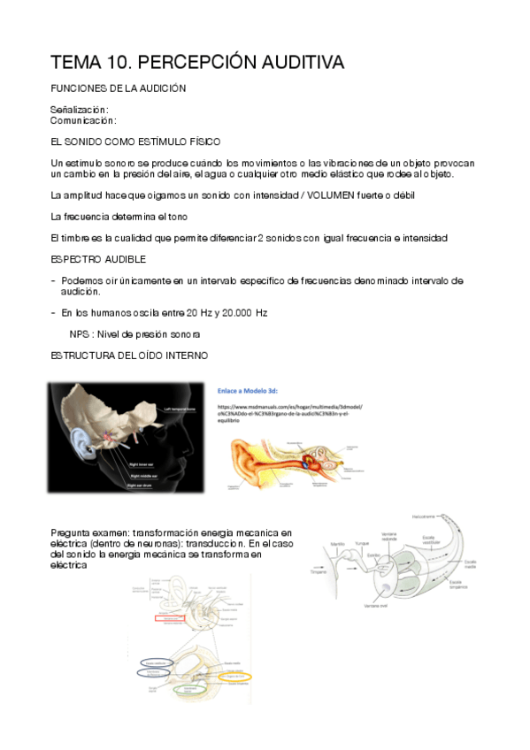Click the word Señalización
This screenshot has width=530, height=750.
(x=80, y=110)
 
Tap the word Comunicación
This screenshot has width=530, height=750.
(x=83, y=119)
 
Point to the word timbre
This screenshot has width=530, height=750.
(x=81, y=238)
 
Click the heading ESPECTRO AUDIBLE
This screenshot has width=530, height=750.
(x=98, y=259)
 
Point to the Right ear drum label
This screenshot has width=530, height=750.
(x=145, y=485)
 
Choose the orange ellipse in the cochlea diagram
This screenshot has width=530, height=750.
(x=235, y=677)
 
